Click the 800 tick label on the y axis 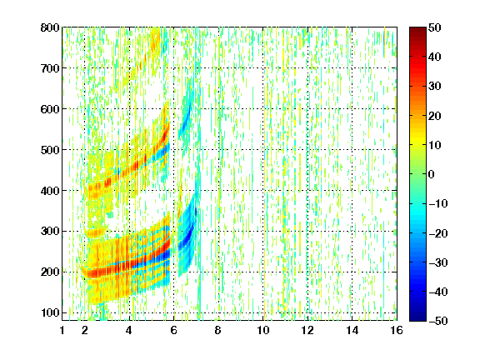point(50,27)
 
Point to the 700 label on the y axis point(50,68)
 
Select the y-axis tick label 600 point(50,109)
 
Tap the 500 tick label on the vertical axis point(50,150)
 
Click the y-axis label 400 point(50,191)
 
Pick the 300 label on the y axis point(50,232)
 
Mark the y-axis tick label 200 point(50,272)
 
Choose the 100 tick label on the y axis point(50,312)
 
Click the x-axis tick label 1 point(62,330)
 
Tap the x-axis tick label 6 point(174,330)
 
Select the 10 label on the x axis point(263,330)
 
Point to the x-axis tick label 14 point(352,330)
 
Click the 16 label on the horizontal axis point(397,330)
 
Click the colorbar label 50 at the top point(434,27)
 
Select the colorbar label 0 point(432,174)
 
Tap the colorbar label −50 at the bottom point(437,321)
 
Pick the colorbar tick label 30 point(434,87)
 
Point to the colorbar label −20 point(437,233)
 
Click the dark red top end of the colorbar point(417,30)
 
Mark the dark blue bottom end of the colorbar point(417,317)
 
